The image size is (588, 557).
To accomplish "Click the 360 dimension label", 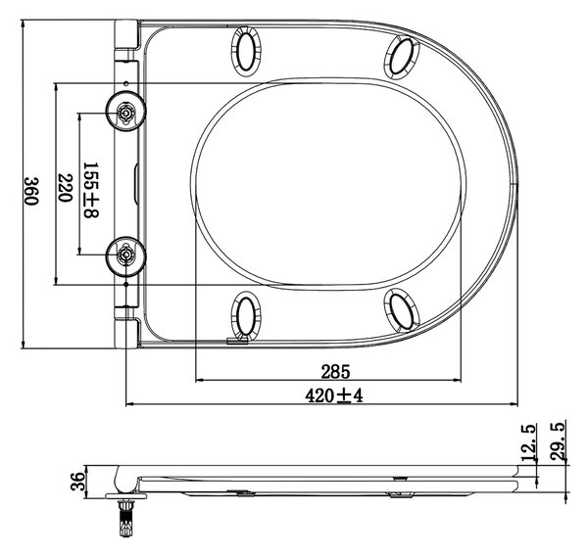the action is coord(31,191).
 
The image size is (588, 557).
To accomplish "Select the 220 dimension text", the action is coord(65,187).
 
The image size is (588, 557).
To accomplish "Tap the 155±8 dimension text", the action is coord(91,190).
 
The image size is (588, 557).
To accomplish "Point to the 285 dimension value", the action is coord(335,372).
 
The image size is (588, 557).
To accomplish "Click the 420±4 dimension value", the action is coord(334,395).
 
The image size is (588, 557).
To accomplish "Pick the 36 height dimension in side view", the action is coord(78,482).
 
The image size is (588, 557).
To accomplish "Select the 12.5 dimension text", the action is coord(529,442).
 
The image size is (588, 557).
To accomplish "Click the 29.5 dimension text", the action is coord(558,441).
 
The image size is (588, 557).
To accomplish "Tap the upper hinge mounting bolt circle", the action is coord(125,112).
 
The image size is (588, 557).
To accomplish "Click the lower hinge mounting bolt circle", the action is coord(125,256).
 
